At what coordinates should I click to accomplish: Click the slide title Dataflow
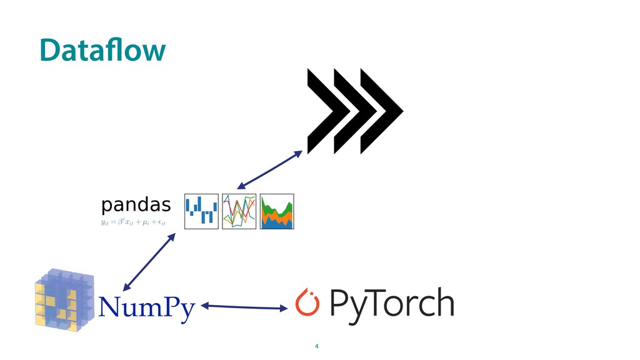(102, 50)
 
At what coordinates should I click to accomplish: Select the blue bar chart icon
(201, 211)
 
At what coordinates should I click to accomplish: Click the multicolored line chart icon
(239, 211)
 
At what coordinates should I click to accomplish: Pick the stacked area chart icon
(277, 211)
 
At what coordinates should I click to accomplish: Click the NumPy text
(147, 307)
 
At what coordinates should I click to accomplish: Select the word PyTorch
(391, 304)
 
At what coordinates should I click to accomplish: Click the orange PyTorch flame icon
(306, 302)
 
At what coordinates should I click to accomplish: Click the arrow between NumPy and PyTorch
(244, 306)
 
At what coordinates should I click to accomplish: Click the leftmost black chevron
(324, 111)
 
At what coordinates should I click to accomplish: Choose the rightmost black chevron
(381, 111)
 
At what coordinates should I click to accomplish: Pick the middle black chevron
(353, 111)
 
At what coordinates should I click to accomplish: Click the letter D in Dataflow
(48, 50)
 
